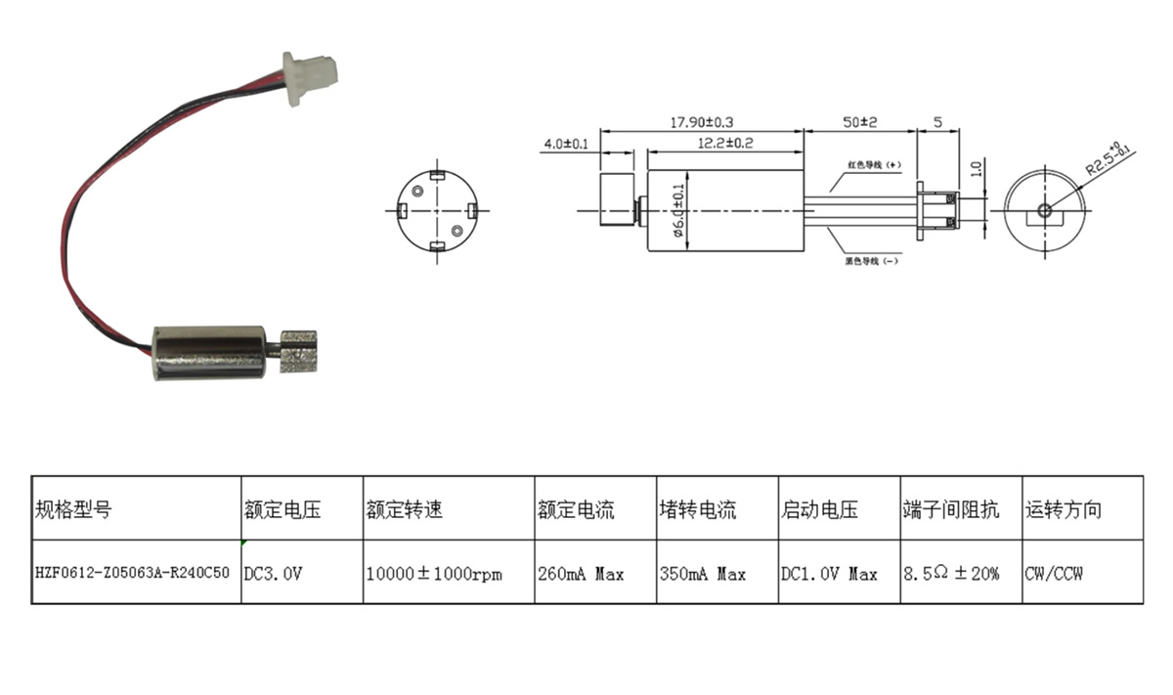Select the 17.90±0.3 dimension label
tap(702, 122)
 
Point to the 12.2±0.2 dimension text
tap(724, 143)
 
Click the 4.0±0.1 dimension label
tap(565, 144)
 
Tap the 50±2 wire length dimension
tap(861, 122)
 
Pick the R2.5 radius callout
tap(1108, 155)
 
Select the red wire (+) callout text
tap(872, 165)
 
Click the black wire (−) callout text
tap(872, 261)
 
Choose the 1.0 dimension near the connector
tap(975, 168)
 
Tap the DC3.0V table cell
tap(273, 574)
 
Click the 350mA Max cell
tap(703, 574)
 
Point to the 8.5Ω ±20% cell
tap(951, 574)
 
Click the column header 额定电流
tap(576, 509)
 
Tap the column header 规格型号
tap(73, 509)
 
